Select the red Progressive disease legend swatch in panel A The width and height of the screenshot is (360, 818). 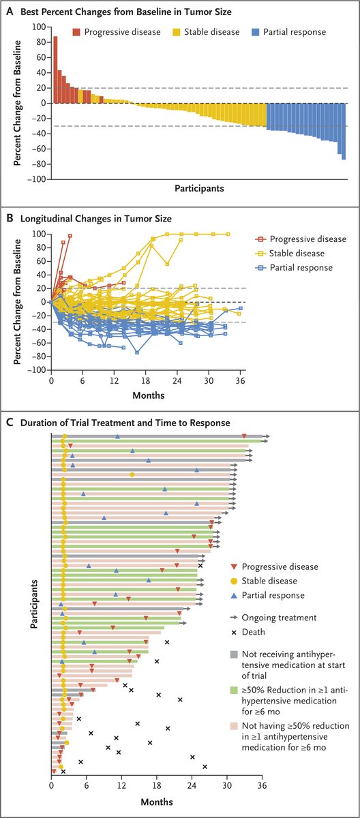click(x=78, y=31)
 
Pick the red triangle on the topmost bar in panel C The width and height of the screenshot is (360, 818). click(x=244, y=436)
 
